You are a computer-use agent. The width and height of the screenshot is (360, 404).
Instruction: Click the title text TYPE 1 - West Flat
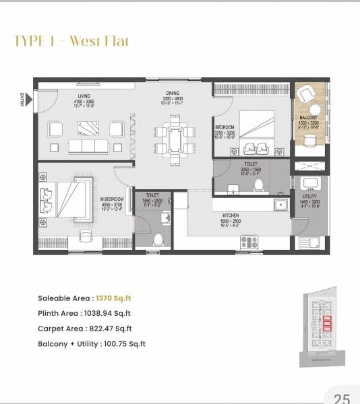(x=71, y=42)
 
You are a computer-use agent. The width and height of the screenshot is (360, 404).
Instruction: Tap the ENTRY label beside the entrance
(x=22, y=99)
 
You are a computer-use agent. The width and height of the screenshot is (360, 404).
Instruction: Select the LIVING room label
(x=84, y=96)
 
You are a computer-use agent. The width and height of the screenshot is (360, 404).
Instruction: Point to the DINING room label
(x=173, y=94)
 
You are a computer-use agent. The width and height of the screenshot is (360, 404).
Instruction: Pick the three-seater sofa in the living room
(x=88, y=146)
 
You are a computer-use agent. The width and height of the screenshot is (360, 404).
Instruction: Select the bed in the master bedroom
(x=65, y=199)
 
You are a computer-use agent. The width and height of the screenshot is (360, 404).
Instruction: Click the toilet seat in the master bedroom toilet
(x=158, y=239)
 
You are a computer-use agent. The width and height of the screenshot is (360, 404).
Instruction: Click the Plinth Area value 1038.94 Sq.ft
(x=106, y=313)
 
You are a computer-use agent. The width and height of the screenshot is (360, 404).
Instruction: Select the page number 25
(x=342, y=398)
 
